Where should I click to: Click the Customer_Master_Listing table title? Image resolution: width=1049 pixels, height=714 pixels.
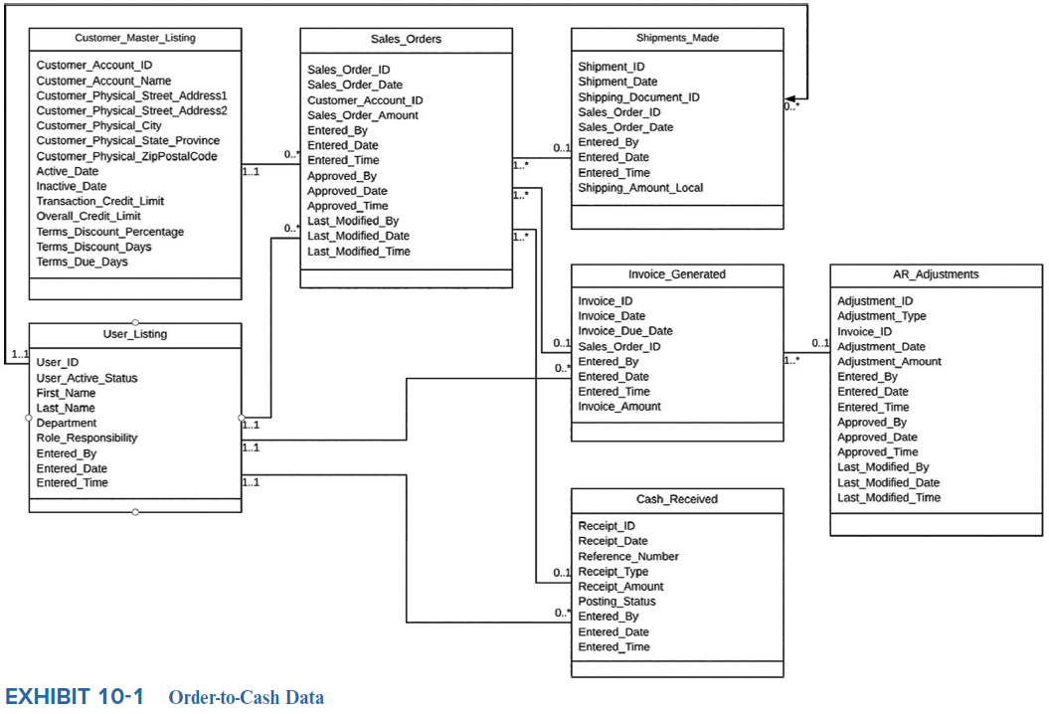tap(135, 38)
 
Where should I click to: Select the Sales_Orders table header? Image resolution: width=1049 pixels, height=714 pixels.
tap(406, 39)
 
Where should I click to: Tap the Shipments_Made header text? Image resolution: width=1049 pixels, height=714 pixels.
tap(677, 38)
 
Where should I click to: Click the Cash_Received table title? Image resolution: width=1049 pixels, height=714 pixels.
tap(677, 499)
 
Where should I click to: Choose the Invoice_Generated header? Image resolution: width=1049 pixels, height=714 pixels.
tap(677, 274)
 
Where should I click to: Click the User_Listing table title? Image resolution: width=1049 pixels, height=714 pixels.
tap(135, 334)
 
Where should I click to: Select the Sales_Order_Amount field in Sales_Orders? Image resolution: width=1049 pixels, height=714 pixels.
tap(363, 115)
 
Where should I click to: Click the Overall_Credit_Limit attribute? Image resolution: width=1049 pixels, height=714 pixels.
tap(88, 216)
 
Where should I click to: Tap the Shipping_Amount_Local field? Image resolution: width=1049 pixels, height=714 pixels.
tap(640, 188)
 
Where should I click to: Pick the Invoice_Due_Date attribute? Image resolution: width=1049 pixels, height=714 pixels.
tap(625, 331)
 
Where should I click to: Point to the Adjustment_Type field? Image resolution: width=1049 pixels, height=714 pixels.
tap(881, 316)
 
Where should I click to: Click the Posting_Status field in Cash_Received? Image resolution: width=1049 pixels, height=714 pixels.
tap(616, 602)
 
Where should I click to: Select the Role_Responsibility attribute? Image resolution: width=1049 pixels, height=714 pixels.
tap(87, 438)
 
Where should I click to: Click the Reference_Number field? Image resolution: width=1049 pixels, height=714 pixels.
tap(628, 557)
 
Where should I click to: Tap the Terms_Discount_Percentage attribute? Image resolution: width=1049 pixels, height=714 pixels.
tap(110, 232)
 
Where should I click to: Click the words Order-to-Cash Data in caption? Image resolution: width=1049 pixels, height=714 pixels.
tap(247, 697)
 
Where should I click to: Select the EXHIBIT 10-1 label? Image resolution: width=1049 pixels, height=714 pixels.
tap(75, 696)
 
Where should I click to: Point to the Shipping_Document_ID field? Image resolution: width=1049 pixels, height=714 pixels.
tap(638, 97)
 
